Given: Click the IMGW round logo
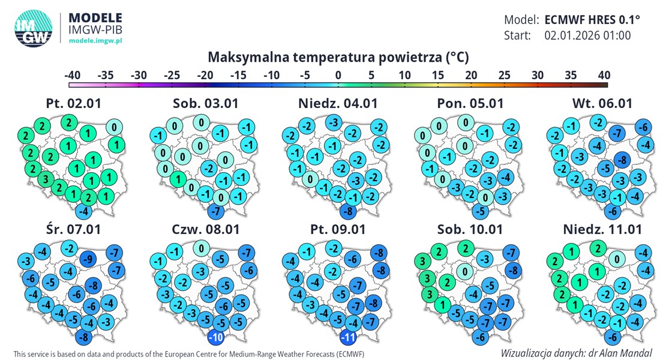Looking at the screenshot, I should click(x=32, y=28).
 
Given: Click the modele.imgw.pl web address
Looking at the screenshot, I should click(x=96, y=40).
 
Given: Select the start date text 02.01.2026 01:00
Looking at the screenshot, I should click(x=587, y=35).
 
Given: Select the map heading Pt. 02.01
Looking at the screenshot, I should click(x=73, y=103).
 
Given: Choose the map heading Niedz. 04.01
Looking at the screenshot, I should click(x=338, y=103).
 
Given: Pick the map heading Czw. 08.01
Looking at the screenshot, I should click(x=205, y=229).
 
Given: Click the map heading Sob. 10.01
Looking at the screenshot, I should click(x=470, y=229).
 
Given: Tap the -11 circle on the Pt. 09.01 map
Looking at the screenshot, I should click(x=349, y=337).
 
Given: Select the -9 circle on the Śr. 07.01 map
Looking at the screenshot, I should click(x=88, y=259).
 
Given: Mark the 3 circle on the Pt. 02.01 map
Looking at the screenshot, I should click(x=44, y=180).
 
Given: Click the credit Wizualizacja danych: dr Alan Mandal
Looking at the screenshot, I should click(x=576, y=353).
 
